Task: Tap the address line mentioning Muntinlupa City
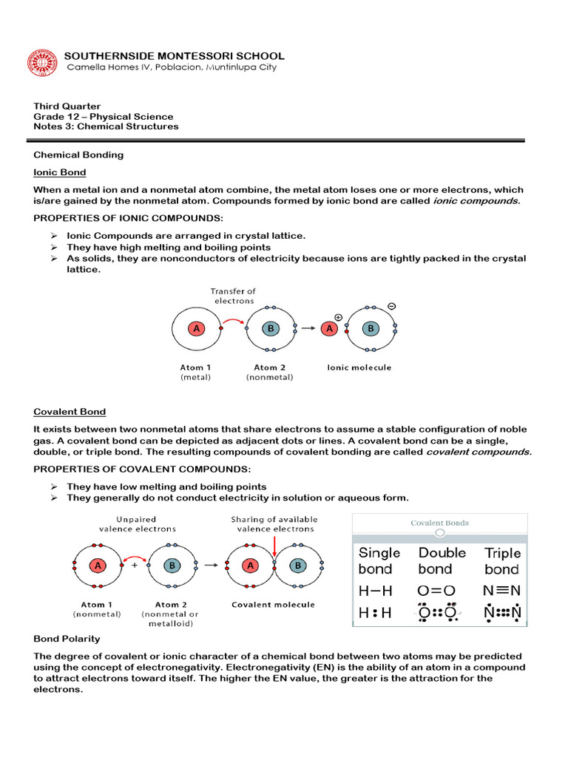tap(172, 67)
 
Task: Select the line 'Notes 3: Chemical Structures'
tap(106, 126)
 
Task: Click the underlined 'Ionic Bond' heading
tap(60, 172)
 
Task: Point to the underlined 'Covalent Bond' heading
tap(70, 412)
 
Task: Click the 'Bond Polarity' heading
tap(67, 638)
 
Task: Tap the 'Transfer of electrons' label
tap(233, 296)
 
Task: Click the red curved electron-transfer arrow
tap(234, 320)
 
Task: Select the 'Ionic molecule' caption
tap(359, 367)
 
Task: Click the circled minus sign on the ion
tap(390, 305)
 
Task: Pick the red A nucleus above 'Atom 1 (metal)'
tap(196, 330)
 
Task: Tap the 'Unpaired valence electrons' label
tap(138, 523)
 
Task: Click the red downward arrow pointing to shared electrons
tap(274, 546)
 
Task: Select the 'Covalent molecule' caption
tap(273, 605)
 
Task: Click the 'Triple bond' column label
tap(502, 561)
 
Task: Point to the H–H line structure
tap(375, 591)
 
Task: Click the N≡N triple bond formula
tap(502, 591)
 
